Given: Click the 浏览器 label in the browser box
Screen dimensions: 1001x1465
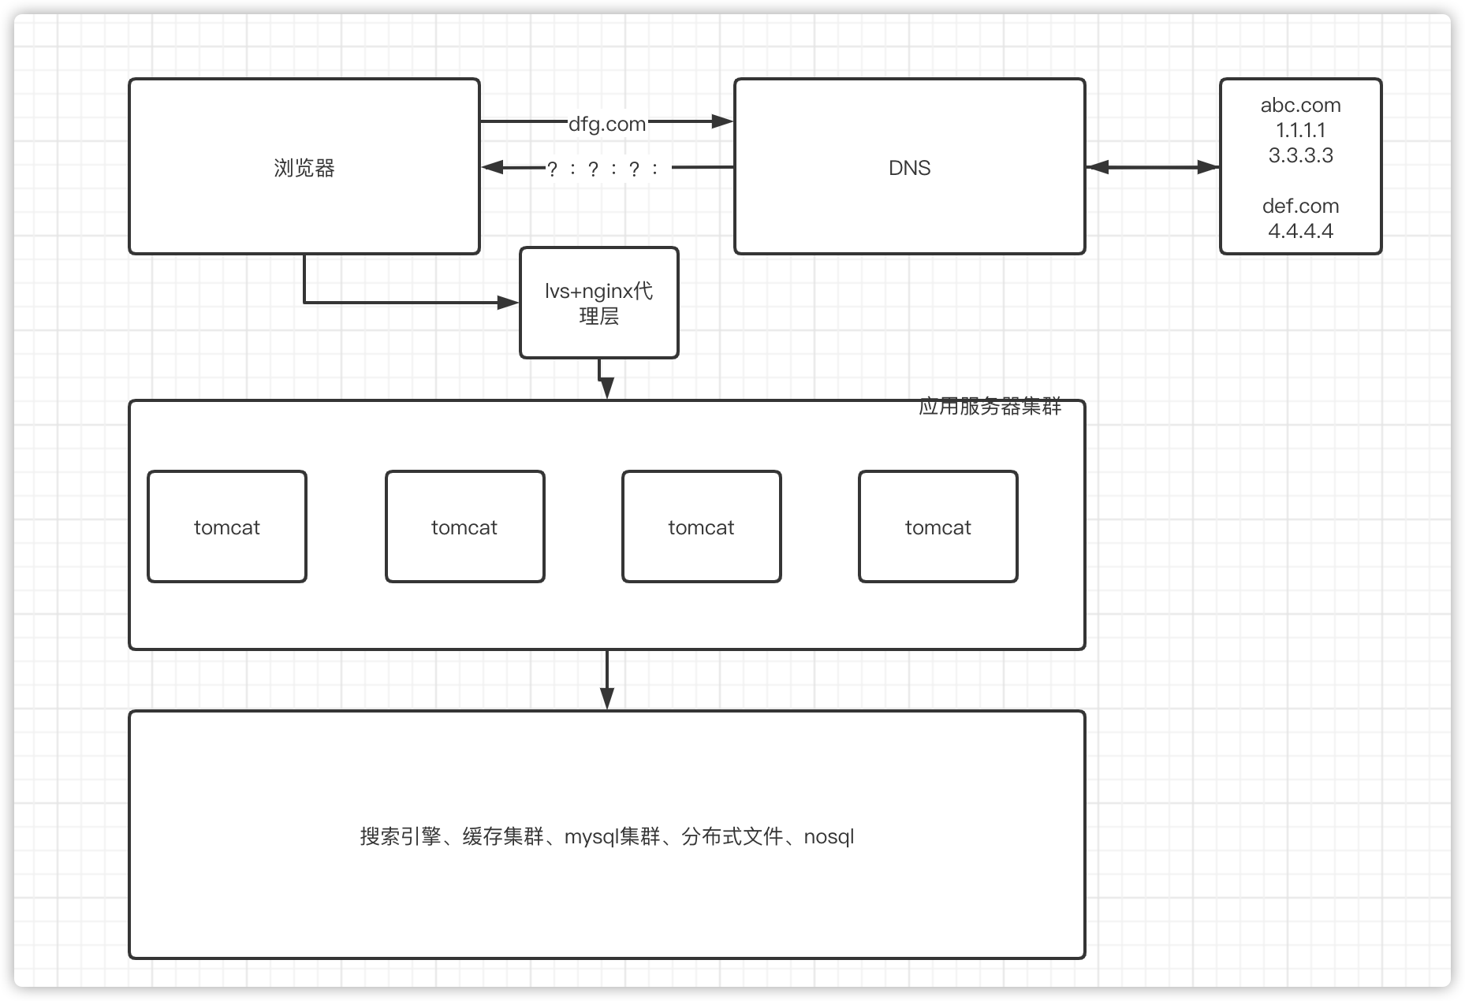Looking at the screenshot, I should (x=304, y=168).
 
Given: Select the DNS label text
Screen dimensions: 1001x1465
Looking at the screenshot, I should (x=909, y=168).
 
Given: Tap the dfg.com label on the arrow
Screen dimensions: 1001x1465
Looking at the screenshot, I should (x=607, y=124).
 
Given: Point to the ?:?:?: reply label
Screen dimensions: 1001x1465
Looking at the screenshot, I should (x=604, y=169).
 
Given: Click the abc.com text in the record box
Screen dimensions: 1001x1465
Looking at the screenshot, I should (x=1300, y=105).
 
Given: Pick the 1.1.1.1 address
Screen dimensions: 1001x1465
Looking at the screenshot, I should (x=1300, y=130).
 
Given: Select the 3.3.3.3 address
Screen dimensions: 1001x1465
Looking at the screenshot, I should (x=1300, y=155).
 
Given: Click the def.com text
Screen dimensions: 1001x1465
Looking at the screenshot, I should (x=1300, y=206).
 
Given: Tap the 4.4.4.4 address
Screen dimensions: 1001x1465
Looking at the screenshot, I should (x=1300, y=231).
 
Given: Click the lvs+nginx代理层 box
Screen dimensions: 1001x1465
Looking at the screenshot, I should (x=599, y=303).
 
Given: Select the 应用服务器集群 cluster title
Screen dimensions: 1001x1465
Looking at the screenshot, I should (x=990, y=407).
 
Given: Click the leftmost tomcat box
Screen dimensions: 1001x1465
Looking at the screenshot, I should (x=227, y=527).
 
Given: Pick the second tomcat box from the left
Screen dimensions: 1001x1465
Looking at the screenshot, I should (x=464, y=527).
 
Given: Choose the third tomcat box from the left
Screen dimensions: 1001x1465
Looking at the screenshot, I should (x=701, y=527).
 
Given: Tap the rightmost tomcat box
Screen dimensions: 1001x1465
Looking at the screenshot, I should (x=938, y=527).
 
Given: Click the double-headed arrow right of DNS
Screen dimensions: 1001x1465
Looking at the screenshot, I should (x=1152, y=167).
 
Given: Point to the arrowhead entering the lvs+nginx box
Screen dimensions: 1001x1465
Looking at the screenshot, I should (x=508, y=303).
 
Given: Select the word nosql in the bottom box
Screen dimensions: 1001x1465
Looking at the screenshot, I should (x=829, y=836).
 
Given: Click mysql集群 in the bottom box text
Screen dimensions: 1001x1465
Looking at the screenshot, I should (x=612, y=836).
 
